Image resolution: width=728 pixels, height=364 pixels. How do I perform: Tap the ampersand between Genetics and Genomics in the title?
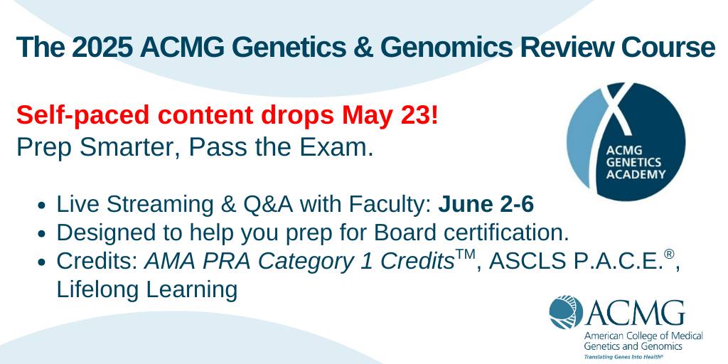pyautogui.click(x=365, y=48)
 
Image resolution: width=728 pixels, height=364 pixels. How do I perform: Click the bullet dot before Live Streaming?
pyautogui.click(x=43, y=206)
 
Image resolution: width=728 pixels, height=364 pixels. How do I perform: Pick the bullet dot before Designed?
pyautogui.click(x=43, y=234)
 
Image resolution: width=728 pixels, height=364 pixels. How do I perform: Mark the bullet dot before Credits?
pyautogui.click(x=43, y=262)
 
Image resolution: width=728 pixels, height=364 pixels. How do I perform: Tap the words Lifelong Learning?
pyautogui.click(x=147, y=289)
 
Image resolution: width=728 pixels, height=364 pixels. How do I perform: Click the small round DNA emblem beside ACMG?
pyautogui.click(x=565, y=311)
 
